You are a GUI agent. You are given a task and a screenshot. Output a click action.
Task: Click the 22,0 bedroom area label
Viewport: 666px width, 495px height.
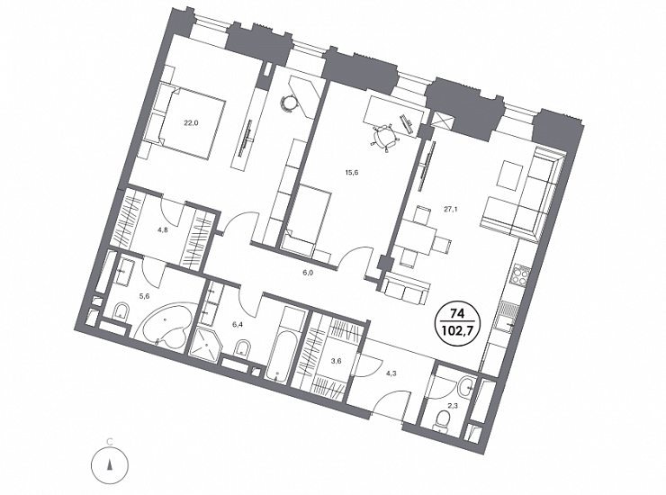[x=191, y=123]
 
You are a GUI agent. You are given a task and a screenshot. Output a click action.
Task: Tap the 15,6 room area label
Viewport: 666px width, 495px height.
[x=352, y=173]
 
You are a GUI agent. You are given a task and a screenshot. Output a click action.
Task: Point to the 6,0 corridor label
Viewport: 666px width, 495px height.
[x=308, y=274]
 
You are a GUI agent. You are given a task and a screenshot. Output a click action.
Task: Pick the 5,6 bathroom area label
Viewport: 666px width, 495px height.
[x=145, y=297]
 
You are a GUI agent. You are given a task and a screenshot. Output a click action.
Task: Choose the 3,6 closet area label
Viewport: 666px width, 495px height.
[x=337, y=361]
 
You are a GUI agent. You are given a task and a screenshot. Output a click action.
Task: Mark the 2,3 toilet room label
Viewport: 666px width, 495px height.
[x=454, y=406]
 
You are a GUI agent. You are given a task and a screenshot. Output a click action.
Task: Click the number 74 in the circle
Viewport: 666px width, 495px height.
[x=457, y=314]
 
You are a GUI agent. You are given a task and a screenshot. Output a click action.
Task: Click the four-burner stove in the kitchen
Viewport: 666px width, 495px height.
[x=520, y=276]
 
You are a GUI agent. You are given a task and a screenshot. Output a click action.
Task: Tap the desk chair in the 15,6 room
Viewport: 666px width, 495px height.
[x=385, y=136]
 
